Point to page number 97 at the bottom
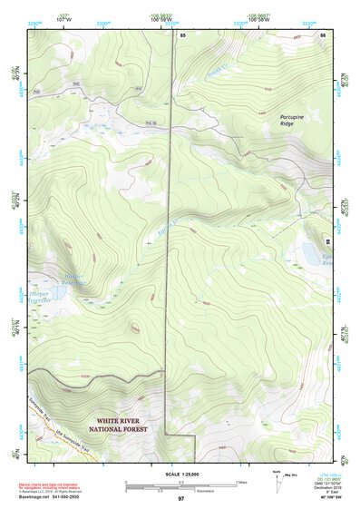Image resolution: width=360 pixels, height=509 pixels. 180,499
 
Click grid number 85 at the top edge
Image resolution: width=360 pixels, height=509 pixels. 182,34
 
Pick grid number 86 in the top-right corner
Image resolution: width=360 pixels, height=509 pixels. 322,34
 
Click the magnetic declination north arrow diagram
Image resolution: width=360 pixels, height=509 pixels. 274,478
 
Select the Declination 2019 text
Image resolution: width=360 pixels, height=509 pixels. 322,488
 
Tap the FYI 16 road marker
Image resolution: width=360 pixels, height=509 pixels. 147,122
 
